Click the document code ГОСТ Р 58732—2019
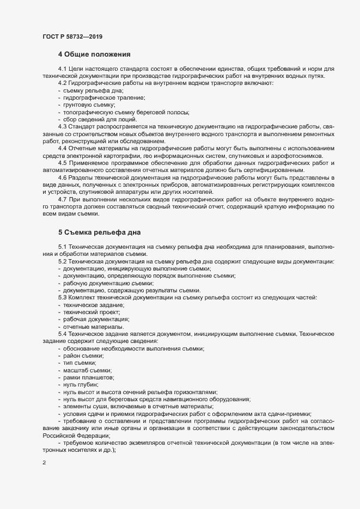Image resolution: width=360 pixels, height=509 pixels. (71, 36)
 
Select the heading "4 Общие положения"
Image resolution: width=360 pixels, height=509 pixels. (93, 54)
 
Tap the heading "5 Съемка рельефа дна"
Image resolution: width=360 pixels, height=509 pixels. (100, 232)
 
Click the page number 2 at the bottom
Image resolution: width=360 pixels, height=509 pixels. (44, 464)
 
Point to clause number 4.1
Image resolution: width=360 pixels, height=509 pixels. (62, 69)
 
